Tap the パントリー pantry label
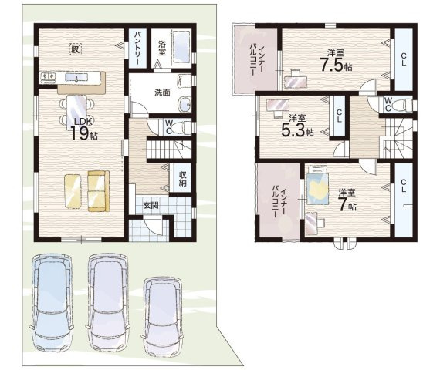[138, 48]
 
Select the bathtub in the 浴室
[182, 47]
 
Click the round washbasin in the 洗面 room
[185, 104]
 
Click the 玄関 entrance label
[151, 206]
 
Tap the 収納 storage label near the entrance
[183, 179]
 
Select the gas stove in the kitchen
[49, 77]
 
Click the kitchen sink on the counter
[76, 77]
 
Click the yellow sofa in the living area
[99, 191]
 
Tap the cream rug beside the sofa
[73, 191]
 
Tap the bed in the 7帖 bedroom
[318, 185]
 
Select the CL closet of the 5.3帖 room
[339, 116]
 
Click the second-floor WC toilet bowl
[403, 105]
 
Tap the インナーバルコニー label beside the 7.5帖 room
[257, 59]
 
